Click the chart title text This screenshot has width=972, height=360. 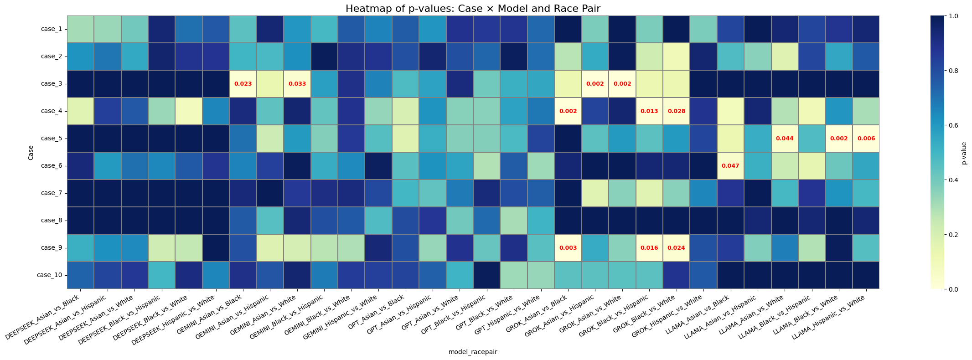473,8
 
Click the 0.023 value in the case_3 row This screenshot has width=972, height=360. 243,84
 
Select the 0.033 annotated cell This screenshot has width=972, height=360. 297,84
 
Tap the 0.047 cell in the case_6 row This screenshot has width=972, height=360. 730,166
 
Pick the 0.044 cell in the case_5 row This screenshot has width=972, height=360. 785,139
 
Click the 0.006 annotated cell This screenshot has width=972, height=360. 866,139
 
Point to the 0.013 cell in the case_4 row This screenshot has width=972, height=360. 649,111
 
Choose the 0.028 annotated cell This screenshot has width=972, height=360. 677,111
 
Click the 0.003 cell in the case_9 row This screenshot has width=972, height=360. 568,248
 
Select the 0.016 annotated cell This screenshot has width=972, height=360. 649,248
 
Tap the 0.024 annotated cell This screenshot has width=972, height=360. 677,248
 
